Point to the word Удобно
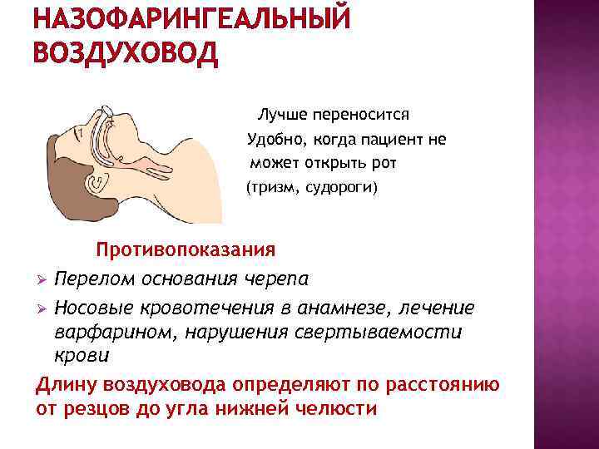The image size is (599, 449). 275,140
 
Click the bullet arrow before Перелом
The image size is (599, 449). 42,278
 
